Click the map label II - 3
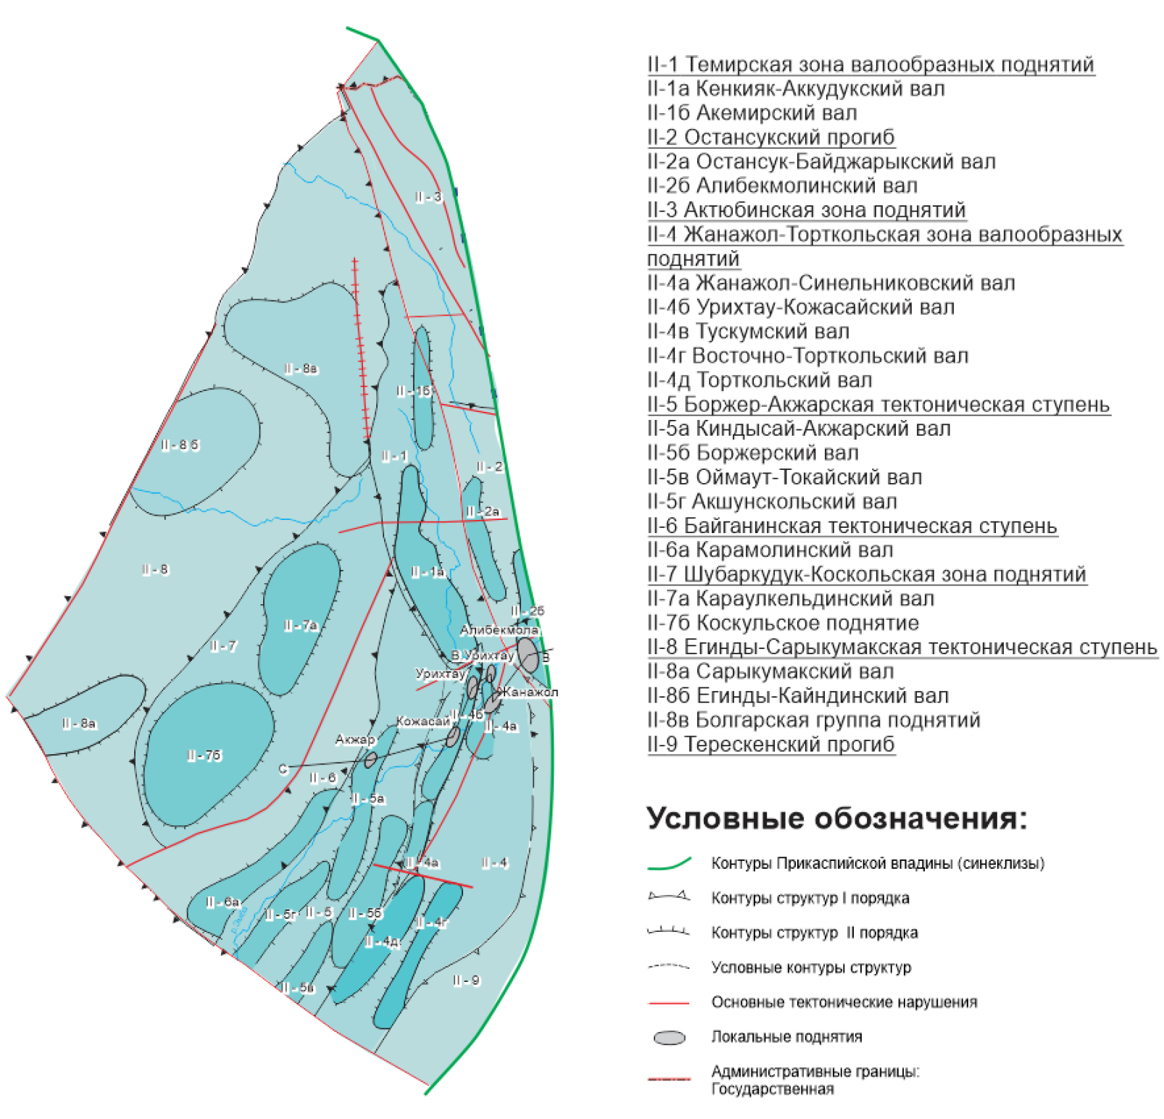click(x=428, y=197)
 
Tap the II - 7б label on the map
click(x=204, y=756)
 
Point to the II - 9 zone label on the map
click(x=466, y=980)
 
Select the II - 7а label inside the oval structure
click(x=301, y=625)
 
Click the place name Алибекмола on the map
click(x=499, y=630)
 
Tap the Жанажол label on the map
click(x=531, y=692)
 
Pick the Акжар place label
click(x=355, y=740)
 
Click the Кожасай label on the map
click(x=423, y=722)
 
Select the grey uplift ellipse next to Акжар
click(x=370, y=759)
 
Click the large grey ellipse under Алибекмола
click(x=528, y=654)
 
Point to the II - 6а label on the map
click(x=223, y=902)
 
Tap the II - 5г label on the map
click(x=280, y=914)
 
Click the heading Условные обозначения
click(x=836, y=818)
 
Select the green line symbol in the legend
click(x=668, y=863)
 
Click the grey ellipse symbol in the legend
click(x=669, y=1038)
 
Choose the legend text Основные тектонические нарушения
click(x=844, y=1002)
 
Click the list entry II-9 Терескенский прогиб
click(x=770, y=744)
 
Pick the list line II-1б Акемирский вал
click(x=752, y=113)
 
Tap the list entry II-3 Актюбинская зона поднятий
click(x=806, y=210)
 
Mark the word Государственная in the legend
click(x=772, y=1089)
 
